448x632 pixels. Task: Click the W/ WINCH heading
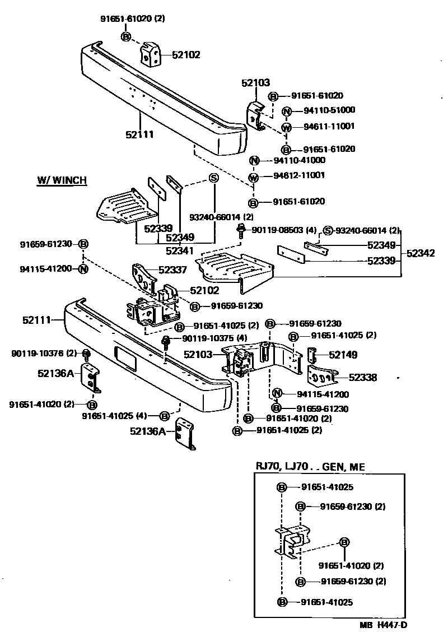62,180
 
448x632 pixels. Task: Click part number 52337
172,270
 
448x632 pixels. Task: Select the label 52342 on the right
421,253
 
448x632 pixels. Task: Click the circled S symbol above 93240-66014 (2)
213,179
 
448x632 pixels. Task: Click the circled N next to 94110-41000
253,160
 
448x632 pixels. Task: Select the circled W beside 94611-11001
286,127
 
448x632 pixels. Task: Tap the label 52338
363,378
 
